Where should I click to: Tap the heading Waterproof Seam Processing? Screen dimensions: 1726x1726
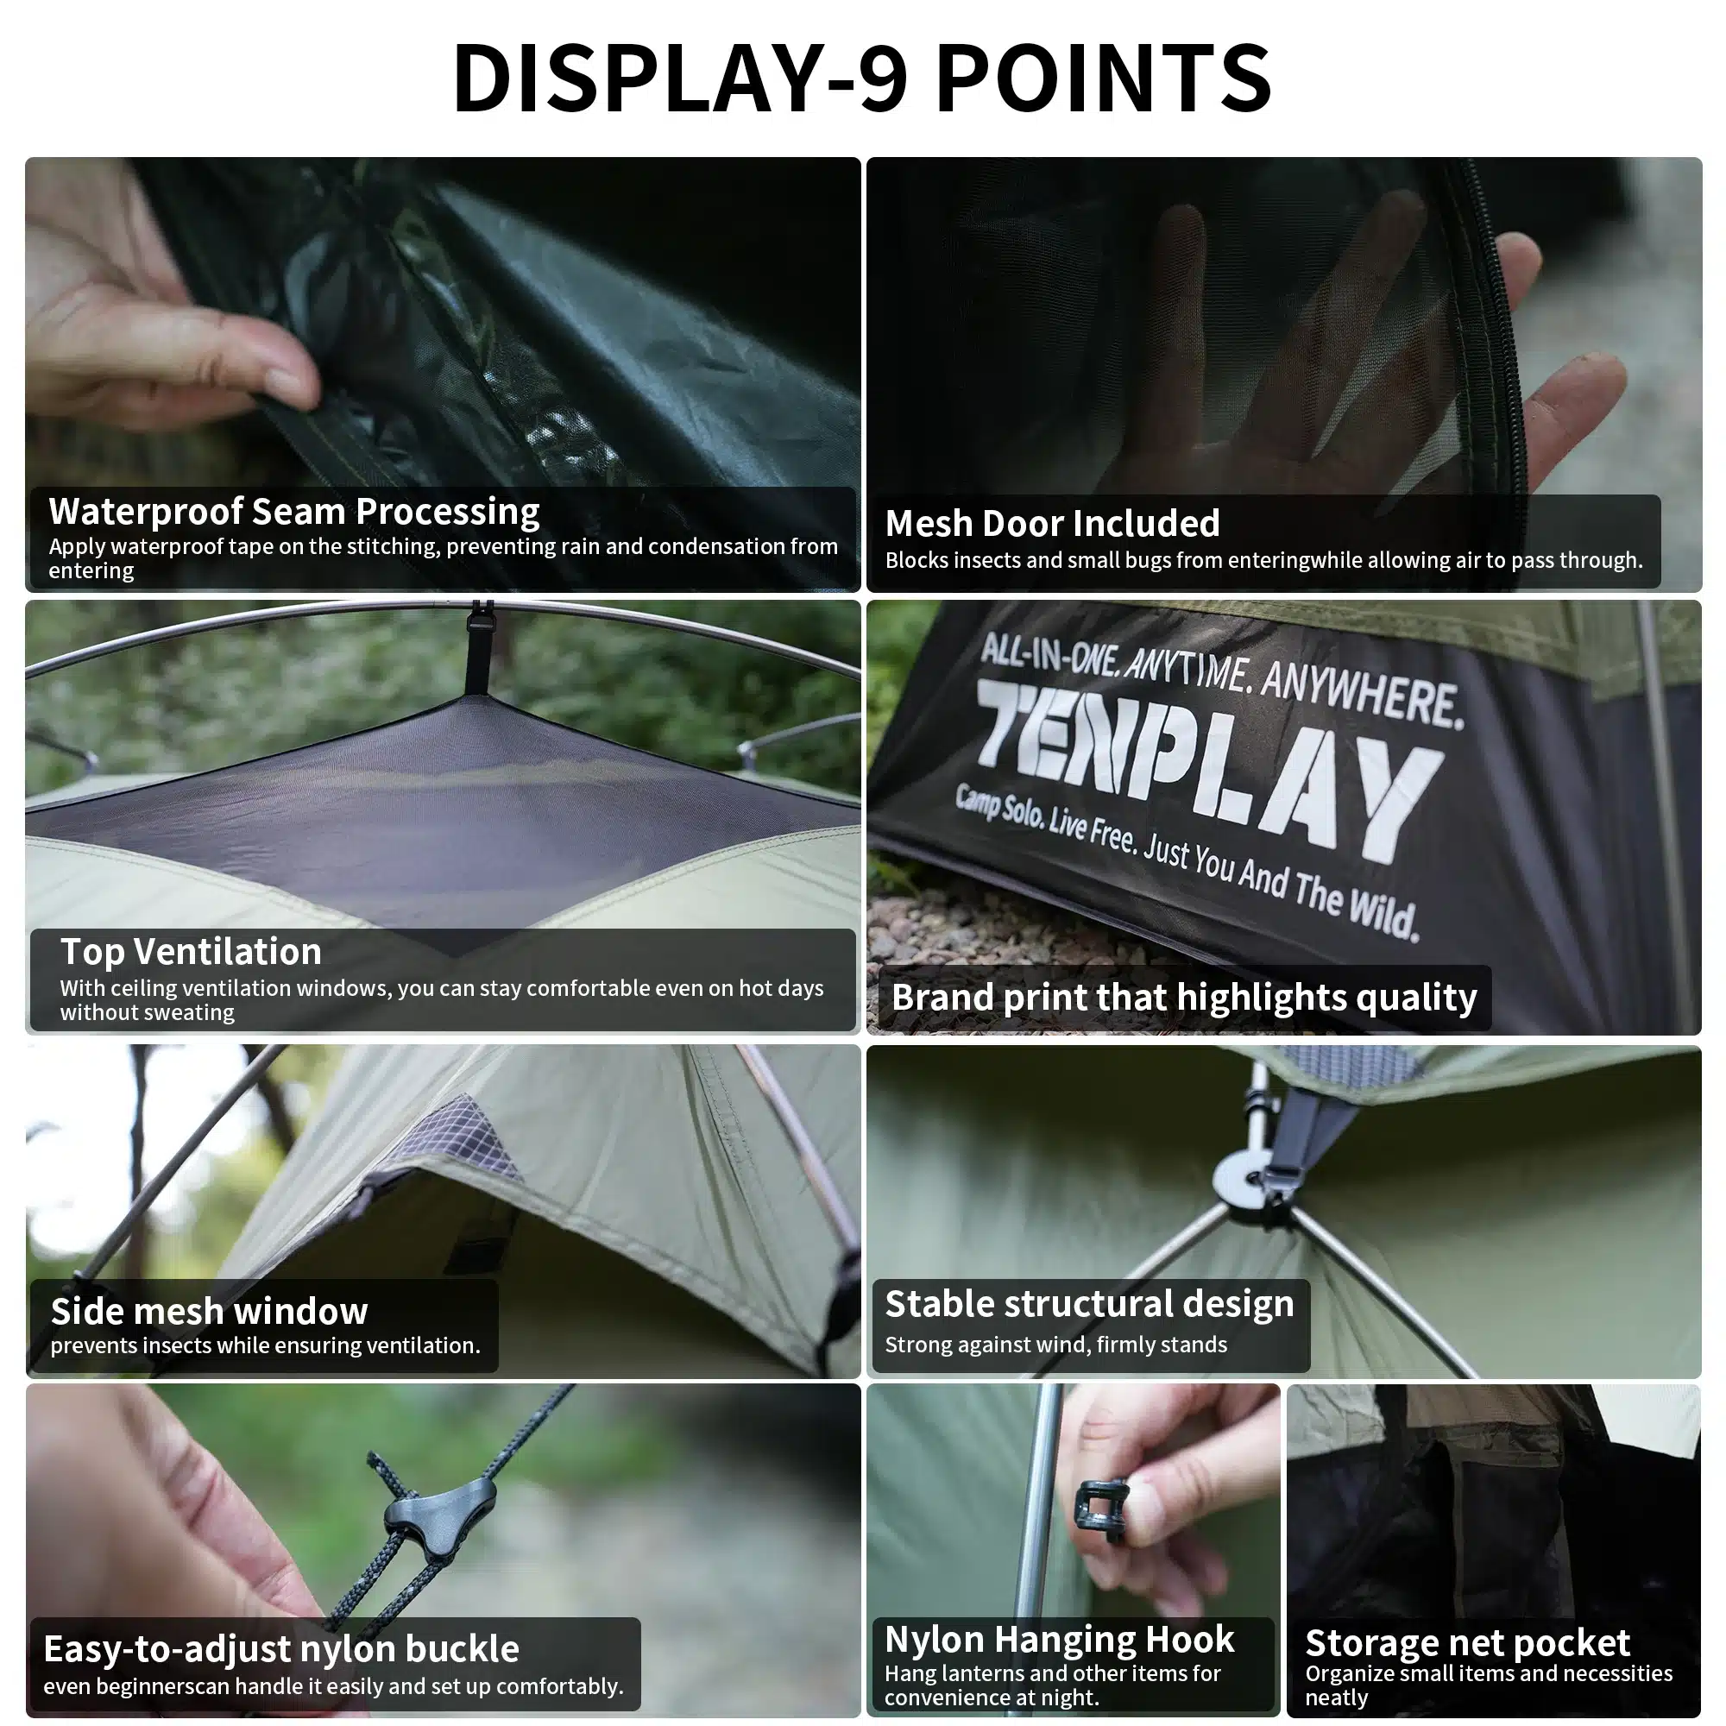(294, 512)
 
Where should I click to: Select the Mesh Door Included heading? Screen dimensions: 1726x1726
(1051, 524)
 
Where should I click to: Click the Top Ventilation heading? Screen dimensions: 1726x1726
(190, 951)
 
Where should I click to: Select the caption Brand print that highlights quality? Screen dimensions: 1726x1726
(1184, 997)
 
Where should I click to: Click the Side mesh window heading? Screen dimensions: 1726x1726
(209, 1312)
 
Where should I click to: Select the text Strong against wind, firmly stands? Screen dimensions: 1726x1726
(1055, 1345)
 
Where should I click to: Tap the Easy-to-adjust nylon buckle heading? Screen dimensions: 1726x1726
(281, 1648)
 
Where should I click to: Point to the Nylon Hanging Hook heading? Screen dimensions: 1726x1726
(1059, 1640)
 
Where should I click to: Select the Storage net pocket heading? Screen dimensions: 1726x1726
(1467, 1643)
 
